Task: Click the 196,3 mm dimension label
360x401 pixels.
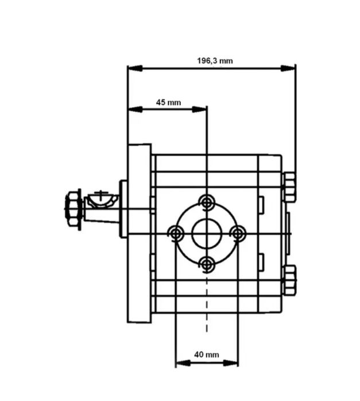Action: click(215, 61)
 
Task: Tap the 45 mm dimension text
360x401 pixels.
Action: click(168, 103)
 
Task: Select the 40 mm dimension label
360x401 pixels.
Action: click(207, 355)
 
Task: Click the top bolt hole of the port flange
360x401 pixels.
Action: click(207, 203)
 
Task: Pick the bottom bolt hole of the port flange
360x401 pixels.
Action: click(207, 264)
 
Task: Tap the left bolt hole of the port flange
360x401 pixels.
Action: click(176, 233)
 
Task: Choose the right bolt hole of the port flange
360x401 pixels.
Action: click(238, 233)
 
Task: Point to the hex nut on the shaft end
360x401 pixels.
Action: click(73, 209)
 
